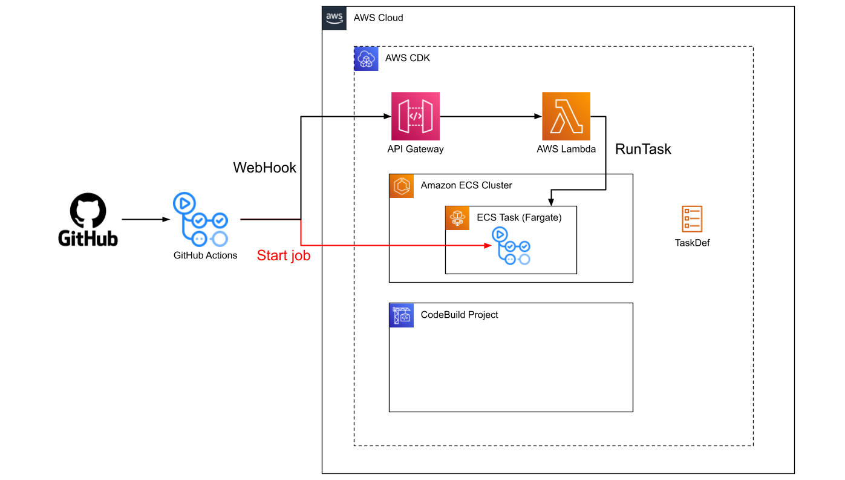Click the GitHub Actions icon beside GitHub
(x=200, y=219)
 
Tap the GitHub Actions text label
(x=205, y=255)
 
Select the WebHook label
(x=265, y=168)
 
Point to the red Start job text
(x=284, y=255)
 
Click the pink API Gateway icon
(x=416, y=116)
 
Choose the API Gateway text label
(x=416, y=149)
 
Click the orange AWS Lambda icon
(x=566, y=116)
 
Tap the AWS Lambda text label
(x=566, y=149)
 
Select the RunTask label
(x=643, y=149)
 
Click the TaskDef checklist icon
(x=692, y=219)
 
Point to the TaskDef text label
(x=693, y=243)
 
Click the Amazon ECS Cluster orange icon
(x=401, y=186)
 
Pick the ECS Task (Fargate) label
(x=519, y=217)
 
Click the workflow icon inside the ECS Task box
(x=511, y=246)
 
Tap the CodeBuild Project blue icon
(x=401, y=315)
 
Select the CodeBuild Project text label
(x=460, y=315)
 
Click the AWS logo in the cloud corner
(x=334, y=18)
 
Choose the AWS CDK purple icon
(x=366, y=59)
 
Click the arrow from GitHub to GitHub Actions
(x=146, y=219)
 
